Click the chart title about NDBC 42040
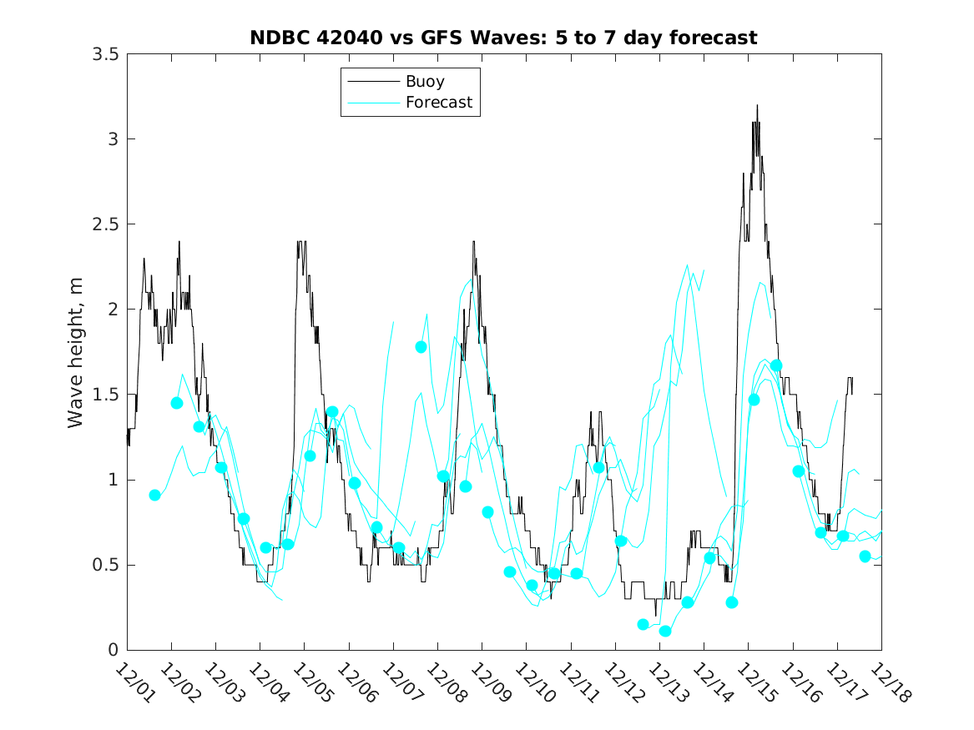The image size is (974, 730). (503, 38)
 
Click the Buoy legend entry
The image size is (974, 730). (425, 82)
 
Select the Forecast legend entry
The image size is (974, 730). (439, 103)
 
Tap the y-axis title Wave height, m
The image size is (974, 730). (76, 352)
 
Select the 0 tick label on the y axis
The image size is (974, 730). (112, 650)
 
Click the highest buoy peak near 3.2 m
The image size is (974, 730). (757, 105)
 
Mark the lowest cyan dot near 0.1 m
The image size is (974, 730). (665, 631)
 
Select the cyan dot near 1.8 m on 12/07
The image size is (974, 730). (421, 347)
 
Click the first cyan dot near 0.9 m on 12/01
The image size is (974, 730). (154, 495)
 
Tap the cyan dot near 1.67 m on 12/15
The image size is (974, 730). (776, 365)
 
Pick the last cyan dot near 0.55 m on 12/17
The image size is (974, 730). (865, 556)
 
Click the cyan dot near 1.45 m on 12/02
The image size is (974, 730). (177, 403)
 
